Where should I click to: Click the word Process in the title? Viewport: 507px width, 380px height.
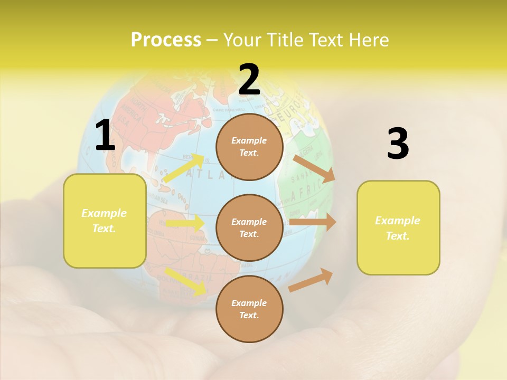click(166, 40)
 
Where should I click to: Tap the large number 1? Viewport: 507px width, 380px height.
click(105, 136)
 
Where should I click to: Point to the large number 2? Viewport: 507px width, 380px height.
click(249, 80)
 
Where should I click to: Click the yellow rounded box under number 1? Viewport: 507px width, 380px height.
click(105, 221)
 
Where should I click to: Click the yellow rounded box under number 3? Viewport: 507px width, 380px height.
click(398, 227)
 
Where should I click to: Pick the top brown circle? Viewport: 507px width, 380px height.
click(249, 147)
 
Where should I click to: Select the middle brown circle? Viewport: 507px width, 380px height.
click(249, 227)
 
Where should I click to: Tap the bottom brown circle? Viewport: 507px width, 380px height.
click(249, 309)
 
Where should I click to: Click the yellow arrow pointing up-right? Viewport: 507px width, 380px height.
click(184, 168)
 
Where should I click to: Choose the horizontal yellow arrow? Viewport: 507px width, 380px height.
click(185, 223)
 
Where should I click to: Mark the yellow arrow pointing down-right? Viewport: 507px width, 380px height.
click(185, 281)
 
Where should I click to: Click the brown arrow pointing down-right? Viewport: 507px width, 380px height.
click(314, 168)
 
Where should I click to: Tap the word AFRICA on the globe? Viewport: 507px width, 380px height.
click(306, 191)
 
